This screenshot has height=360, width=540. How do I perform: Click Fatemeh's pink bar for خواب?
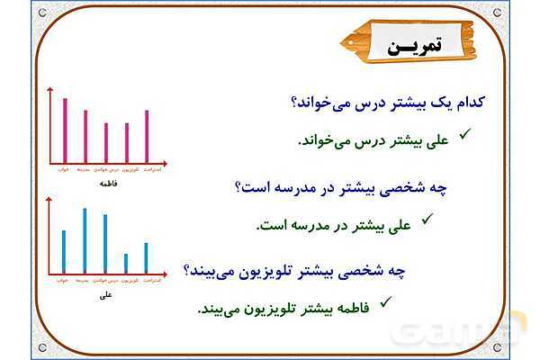click(65, 130)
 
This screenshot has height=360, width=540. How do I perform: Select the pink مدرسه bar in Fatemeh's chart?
click(85, 136)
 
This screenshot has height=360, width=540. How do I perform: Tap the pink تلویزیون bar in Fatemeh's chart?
click(126, 142)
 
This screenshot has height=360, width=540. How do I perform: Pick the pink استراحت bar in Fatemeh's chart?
click(147, 136)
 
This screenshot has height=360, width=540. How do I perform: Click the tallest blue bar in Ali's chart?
click(85, 240)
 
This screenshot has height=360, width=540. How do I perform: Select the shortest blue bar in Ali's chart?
click(126, 263)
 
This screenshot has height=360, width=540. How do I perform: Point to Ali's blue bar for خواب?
click(64, 251)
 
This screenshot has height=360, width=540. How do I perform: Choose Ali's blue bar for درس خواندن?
click(105, 243)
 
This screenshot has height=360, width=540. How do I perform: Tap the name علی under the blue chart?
click(106, 293)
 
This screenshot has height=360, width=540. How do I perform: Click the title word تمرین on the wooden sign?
click(409, 47)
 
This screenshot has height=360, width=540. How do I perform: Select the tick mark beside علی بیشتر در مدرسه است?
click(428, 217)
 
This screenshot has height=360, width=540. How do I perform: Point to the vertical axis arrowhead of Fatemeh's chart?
click(51, 88)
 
